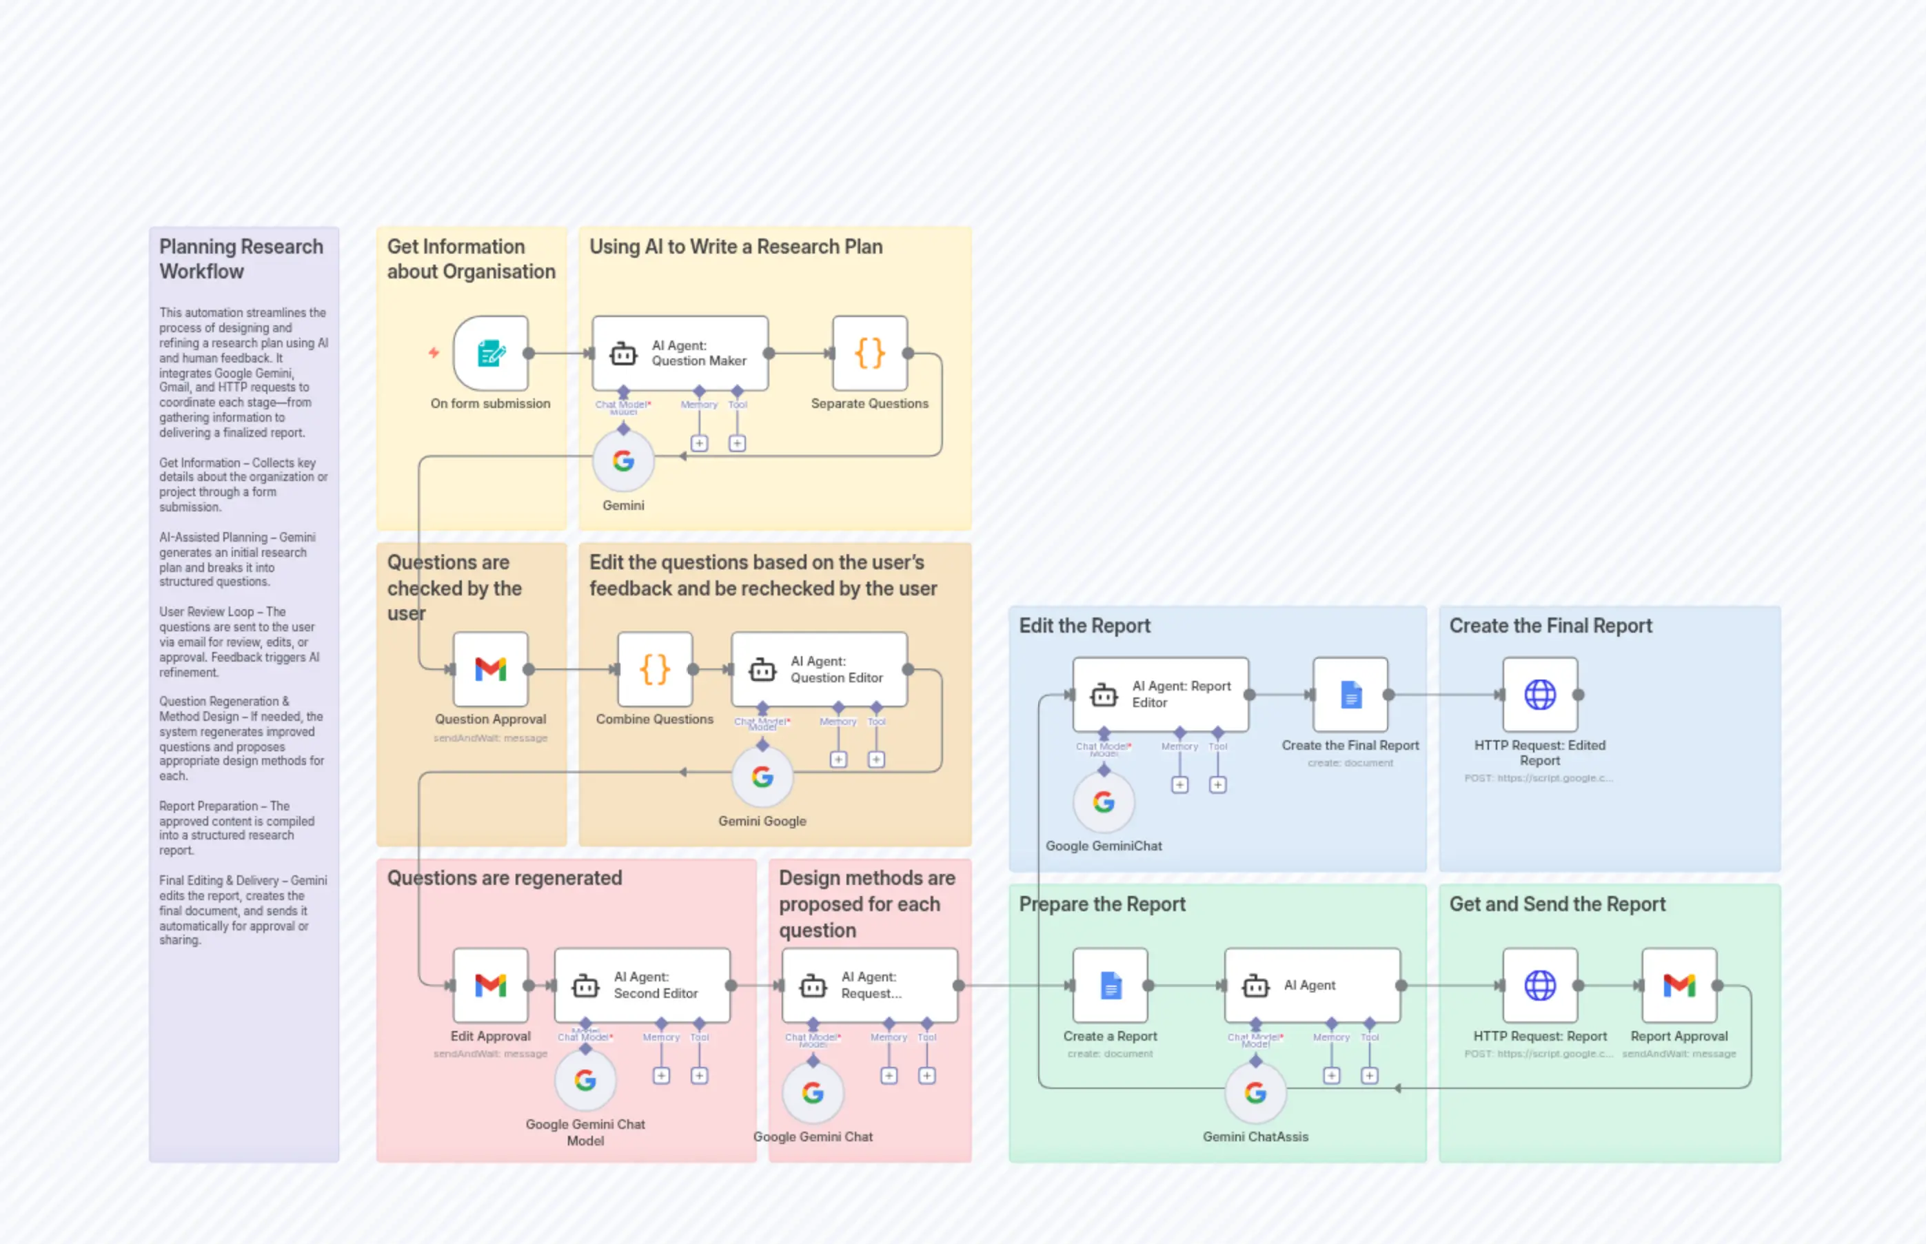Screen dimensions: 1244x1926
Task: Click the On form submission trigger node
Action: point(490,354)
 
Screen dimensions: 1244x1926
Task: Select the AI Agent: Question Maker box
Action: point(680,354)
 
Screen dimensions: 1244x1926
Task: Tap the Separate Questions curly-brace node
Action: point(869,354)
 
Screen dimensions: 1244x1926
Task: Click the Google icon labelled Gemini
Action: point(623,461)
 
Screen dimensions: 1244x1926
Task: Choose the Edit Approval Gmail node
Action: point(490,986)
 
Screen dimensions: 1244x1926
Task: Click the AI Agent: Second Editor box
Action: point(642,986)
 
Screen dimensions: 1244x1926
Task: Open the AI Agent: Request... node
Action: point(869,986)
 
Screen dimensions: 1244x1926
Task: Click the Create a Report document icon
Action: point(1110,986)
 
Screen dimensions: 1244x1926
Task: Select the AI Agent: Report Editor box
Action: point(1160,695)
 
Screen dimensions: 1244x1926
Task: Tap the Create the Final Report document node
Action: point(1350,695)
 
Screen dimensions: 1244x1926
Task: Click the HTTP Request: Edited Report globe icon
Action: point(1540,695)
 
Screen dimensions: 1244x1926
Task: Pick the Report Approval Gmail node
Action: point(1679,986)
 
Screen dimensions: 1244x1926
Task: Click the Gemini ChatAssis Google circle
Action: point(1255,1093)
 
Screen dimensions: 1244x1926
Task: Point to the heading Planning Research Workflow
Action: point(241,258)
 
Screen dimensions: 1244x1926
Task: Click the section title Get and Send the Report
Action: point(1557,904)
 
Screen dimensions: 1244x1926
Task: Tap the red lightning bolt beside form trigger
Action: point(434,353)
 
